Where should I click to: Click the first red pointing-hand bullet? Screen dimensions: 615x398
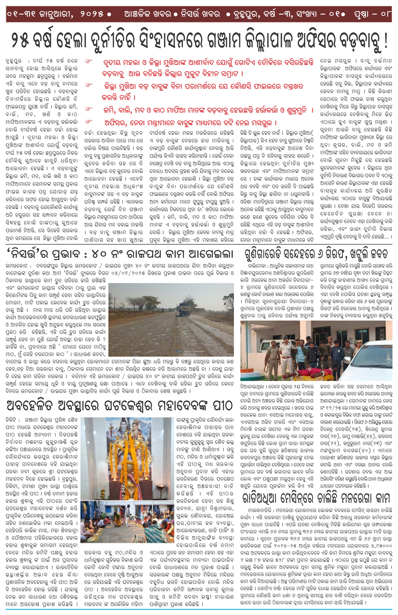tap(89, 62)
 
